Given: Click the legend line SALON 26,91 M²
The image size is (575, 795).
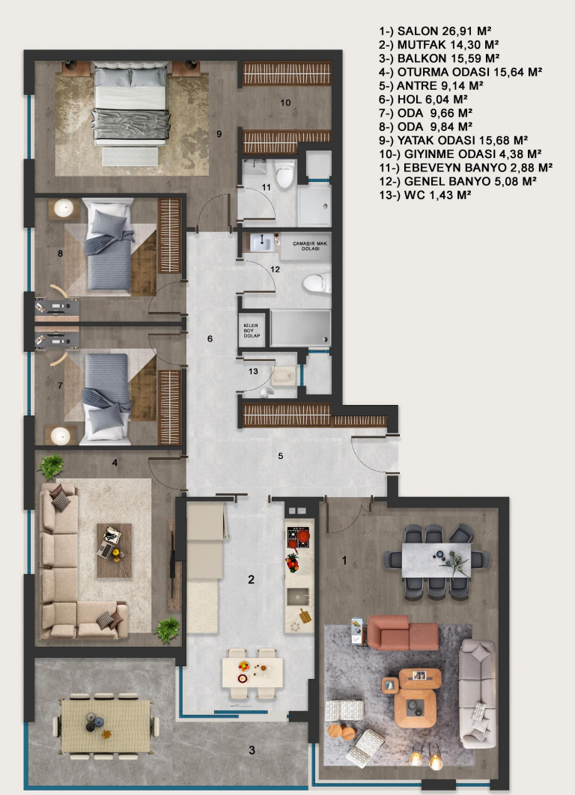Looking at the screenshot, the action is (x=435, y=31).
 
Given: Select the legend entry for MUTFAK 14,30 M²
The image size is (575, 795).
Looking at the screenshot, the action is (x=439, y=45).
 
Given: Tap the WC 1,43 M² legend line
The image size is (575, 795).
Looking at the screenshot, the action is (x=425, y=195).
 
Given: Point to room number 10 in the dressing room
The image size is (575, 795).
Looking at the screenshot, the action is (x=285, y=103).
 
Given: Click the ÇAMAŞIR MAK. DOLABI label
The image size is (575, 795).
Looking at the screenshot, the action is (x=310, y=246).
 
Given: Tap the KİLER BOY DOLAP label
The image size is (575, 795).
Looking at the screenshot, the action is (x=251, y=331).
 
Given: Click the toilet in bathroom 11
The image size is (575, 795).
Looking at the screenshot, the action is (x=285, y=173).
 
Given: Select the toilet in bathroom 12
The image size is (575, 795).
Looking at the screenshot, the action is (x=317, y=284).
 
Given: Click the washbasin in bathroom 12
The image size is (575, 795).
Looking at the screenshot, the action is (x=263, y=243).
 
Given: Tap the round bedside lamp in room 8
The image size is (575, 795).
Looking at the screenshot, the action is (x=64, y=207).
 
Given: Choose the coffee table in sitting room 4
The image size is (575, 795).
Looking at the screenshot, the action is (x=114, y=551).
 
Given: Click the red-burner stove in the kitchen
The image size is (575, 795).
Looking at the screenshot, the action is (x=299, y=538).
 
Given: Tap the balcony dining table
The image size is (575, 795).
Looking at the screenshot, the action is (x=106, y=726).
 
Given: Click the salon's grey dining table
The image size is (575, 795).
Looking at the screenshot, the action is (x=436, y=560).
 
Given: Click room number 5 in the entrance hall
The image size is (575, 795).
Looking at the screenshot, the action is (x=281, y=456).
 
